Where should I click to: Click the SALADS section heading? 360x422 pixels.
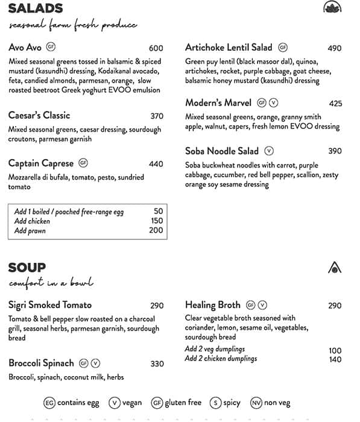pyautogui.click(x=36, y=8)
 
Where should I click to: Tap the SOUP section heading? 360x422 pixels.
pyautogui.click(x=27, y=267)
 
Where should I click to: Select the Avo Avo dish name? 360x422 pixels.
pyautogui.click(x=25, y=47)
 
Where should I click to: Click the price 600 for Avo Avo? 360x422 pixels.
pyautogui.click(x=156, y=48)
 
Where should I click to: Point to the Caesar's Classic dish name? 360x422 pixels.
pyautogui.click(x=39, y=115)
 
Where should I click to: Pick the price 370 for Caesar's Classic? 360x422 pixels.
pyautogui.click(x=156, y=116)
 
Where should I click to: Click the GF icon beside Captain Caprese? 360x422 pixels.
pyautogui.click(x=83, y=163)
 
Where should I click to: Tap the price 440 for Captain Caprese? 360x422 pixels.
pyautogui.click(x=156, y=164)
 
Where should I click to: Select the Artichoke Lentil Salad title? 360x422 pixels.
pyautogui.click(x=229, y=47)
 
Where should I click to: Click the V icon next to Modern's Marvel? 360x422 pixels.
pyautogui.click(x=273, y=102)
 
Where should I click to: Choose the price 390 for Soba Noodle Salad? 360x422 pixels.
pyautogui.click(x=335, y=151)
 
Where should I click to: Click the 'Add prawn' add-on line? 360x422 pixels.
pyautogui.click(x=30, y=230)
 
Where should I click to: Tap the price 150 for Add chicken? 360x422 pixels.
pyautogui.click(x=156, y=221)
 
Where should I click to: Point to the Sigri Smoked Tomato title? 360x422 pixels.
pyautogui.click(x=50, y=305)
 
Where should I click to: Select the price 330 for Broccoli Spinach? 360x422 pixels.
pyautogui.click(x=156, y=364)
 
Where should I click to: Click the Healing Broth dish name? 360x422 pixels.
pyautogui.click(x=213, y=305)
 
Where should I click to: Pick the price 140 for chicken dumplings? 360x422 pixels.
pyautogui.click(x=335, y=359)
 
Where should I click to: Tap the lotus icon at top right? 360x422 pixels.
pyautogui.click(x=332, y=7)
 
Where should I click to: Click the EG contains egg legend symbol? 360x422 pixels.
pyautogui.click(x=50, y=403)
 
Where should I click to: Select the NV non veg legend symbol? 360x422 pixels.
pyautogui.click(x=256, y=403)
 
